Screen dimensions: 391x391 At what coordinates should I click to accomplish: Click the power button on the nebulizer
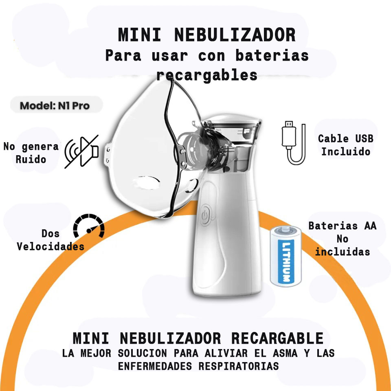click(205, 215)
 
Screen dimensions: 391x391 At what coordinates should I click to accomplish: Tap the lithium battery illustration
click(286, 256)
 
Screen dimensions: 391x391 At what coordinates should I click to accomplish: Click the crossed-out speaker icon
click(81, 152)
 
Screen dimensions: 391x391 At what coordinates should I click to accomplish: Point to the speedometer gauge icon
click(89, 226)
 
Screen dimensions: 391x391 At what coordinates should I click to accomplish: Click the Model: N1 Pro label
click(55, 106)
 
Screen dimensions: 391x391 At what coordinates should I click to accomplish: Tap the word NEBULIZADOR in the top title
click(235, 35)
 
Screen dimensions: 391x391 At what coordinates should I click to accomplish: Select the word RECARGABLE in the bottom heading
click(277, 338)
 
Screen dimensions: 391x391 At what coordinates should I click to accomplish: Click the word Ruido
click(31, 159)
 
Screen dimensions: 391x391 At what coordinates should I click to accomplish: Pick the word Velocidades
click(51, 247)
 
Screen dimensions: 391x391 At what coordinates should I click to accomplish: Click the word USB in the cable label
click(364, 138)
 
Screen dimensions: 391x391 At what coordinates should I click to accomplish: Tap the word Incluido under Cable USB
click(346, 152)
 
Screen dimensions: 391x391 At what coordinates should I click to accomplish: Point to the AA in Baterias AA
click(370, 226)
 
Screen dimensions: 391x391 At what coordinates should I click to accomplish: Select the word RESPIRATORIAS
click(239, 366)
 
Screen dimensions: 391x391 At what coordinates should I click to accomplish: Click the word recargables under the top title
click(207, 75)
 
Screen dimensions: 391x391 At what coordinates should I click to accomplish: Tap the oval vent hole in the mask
click(146, 182)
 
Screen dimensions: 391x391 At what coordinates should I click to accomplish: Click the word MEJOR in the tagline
click(95, 353)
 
